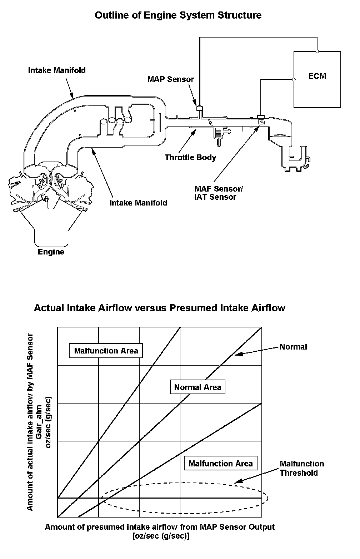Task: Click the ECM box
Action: click(317, 79)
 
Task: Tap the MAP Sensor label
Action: click(170, 79)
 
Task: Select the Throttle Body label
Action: click(190, 157)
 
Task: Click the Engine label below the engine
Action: click(51, 252)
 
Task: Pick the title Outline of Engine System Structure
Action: click(178, 15)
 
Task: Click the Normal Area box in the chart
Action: click(197, 387)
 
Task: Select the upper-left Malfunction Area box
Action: click(106, 351)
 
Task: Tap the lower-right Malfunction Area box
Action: click(221, 464)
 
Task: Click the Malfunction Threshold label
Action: click(302, 468)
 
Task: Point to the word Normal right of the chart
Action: click(293, 347)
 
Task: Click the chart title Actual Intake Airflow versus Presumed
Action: click(159, 308)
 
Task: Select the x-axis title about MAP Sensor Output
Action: click(160, 531)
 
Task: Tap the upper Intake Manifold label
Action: click(57, 70)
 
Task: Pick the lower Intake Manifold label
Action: click(138, 203)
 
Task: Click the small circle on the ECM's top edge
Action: click(317, 51)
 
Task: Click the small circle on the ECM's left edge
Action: click(294, 80)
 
